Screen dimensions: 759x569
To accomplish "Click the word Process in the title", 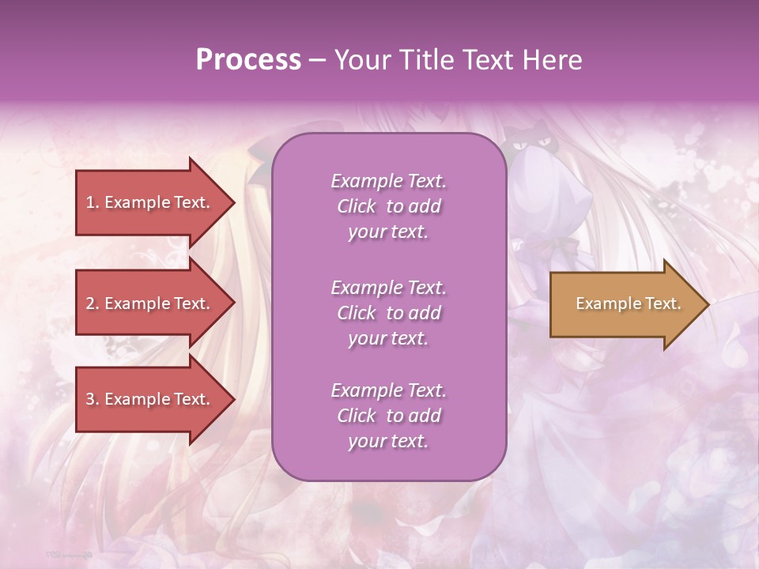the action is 248,60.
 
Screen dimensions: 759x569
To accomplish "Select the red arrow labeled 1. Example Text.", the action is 150,202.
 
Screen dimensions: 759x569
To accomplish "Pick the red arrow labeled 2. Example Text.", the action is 150,303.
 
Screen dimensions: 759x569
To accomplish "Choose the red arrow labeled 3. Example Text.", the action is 150,399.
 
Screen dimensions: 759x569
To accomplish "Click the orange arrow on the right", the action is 625,303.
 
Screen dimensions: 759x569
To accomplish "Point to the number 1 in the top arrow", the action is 90,202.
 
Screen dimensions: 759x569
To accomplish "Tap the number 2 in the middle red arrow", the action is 90,303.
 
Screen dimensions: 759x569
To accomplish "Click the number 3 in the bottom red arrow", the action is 90,399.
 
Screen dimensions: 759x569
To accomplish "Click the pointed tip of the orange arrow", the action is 706,304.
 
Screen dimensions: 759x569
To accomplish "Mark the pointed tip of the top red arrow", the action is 232,202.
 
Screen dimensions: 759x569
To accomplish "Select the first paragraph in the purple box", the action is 388,206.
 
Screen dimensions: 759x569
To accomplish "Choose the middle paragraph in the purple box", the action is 388,313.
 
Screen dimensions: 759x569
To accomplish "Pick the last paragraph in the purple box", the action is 388,416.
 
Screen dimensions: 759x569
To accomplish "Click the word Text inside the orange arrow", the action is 663,303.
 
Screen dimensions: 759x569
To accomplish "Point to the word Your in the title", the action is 362,60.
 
